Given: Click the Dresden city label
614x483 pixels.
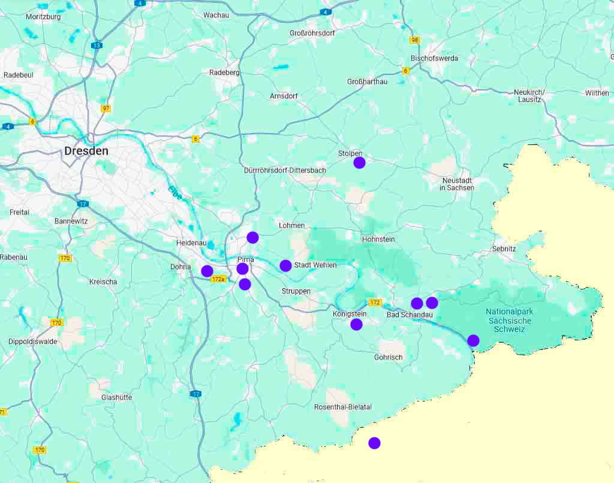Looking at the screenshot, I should click(86, 151).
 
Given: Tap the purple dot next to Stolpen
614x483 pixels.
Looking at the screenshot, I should click(359, 162).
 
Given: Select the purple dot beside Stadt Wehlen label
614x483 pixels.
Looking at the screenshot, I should click(285, 265).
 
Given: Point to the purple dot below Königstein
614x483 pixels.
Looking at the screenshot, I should click(356, 324).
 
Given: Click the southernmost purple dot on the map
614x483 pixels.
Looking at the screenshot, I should click(374, 443).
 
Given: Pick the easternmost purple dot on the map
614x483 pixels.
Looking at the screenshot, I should click(473, 340).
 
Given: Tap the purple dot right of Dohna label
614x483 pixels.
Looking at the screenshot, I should click(207, 271).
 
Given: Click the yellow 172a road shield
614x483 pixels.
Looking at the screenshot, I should click(218, 279).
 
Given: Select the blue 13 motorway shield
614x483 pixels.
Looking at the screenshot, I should click(97, 46).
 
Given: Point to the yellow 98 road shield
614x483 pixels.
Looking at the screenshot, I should click(415, 40).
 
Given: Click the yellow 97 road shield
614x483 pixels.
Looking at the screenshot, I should click(106, 108).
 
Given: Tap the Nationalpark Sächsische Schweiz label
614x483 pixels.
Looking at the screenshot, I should click(509, 321).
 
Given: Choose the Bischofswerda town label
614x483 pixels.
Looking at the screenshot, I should click(434, 58).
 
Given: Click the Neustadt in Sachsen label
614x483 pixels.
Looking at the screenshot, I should click(457, 184).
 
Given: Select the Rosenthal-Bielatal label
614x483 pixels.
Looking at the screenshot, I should click(343, 407).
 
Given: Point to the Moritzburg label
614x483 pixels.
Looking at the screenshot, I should click(43, 17).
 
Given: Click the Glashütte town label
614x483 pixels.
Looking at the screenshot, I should click(116, 397).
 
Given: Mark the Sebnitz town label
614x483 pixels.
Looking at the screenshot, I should click(504, 248).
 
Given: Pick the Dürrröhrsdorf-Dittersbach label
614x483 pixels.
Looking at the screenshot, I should click(285, 170).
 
